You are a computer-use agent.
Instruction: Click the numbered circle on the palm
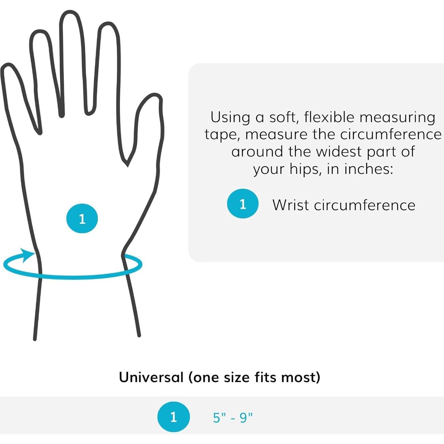[82, 218]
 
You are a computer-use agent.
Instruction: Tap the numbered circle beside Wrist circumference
[243, 204]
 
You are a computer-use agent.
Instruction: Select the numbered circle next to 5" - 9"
[173, 417]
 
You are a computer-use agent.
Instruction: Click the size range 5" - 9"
[233, 417]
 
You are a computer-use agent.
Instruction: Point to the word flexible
[329, 117]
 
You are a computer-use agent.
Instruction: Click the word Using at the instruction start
[230, 117]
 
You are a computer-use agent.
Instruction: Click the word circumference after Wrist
[364, 205]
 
